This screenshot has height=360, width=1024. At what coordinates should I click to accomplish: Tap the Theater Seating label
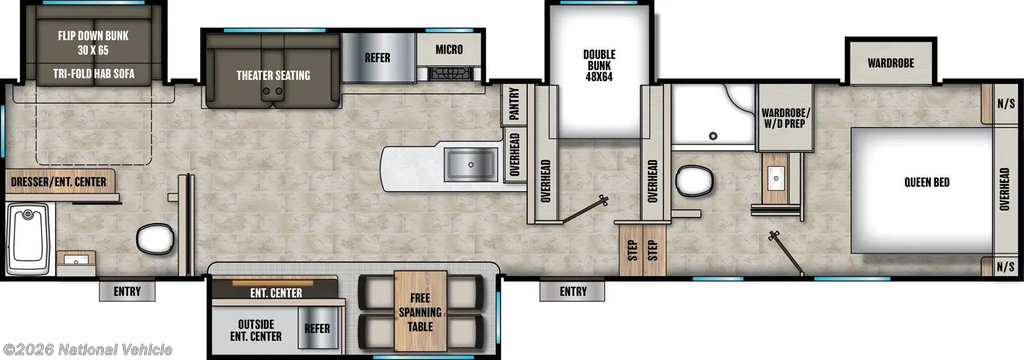point(273,75)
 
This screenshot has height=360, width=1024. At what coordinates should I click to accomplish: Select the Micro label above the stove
point(449,50)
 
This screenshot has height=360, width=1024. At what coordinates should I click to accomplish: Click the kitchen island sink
point(471,163)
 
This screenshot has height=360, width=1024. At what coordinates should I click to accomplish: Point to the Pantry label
point(514,104)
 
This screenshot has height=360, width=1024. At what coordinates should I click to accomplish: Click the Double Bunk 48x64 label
point(599,65)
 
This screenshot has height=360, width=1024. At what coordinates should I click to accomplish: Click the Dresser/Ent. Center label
point(59,181)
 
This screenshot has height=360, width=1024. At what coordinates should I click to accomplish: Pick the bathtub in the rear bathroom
point(29,239)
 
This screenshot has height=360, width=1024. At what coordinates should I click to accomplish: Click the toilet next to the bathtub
point(155,238)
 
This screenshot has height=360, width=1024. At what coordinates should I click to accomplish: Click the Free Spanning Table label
point(421,311)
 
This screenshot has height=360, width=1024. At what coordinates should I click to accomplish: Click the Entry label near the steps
point(573,291)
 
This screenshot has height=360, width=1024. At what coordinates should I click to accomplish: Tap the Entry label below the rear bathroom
point(127,291)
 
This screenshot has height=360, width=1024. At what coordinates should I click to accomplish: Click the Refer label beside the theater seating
point(377,57)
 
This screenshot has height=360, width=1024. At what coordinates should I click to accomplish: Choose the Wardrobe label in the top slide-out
point(891,63)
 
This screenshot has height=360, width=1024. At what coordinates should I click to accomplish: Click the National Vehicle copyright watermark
point(88,350)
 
